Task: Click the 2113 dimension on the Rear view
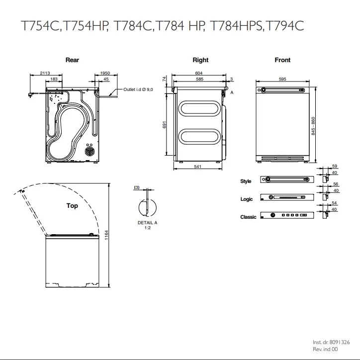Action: tap(45, 73)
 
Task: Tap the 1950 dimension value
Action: tap(105, 73)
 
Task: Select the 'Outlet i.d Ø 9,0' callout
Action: tap(138, 90)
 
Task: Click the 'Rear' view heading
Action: tap(72, 60)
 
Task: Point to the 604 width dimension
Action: tap(198, 73)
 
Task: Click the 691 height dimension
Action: tap(164, 125)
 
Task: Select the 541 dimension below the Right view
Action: tap(198, 167)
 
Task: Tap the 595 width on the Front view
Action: tap(282, 79)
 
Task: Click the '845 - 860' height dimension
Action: tap(313, 126)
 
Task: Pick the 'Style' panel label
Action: tap(246, 181)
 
